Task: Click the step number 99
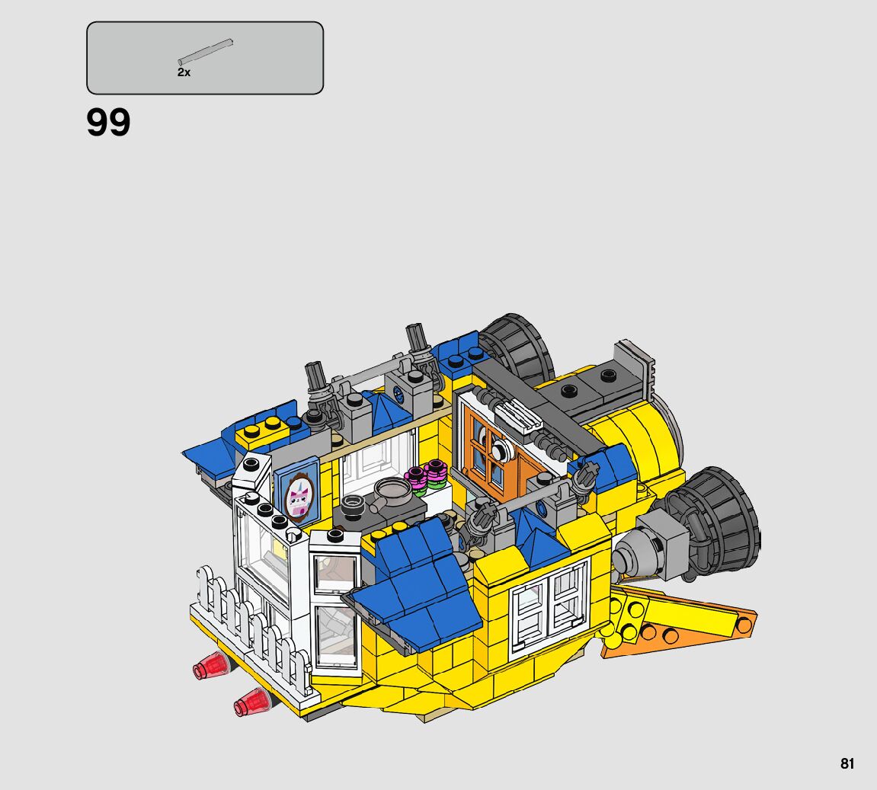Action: pos(108,122)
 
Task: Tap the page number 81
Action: pos(847,763)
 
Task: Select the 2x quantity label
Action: pos(184,72)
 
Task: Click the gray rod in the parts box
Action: pos(205,52)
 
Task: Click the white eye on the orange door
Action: pos(502,447)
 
